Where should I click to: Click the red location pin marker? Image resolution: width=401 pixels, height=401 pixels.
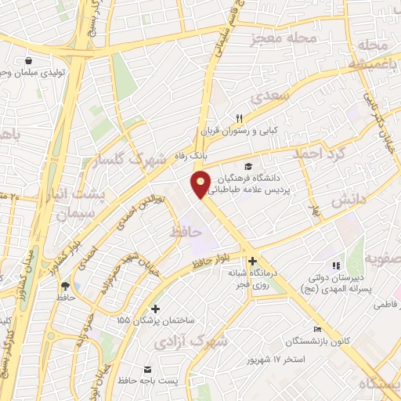[201, 184]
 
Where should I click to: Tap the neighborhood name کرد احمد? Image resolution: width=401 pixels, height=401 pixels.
[318, 153]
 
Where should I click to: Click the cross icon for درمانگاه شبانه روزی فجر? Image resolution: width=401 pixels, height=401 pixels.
[252, 261]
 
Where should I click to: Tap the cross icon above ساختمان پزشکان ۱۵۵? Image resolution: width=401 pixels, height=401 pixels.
[155, 309]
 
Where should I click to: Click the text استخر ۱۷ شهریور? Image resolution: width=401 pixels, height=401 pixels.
[275, 359]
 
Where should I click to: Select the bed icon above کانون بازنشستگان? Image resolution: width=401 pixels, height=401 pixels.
[317, 328]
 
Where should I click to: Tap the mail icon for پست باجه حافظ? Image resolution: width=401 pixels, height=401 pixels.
[146, 369]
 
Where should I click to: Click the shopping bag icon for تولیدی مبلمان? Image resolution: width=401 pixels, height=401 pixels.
[30, 61]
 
